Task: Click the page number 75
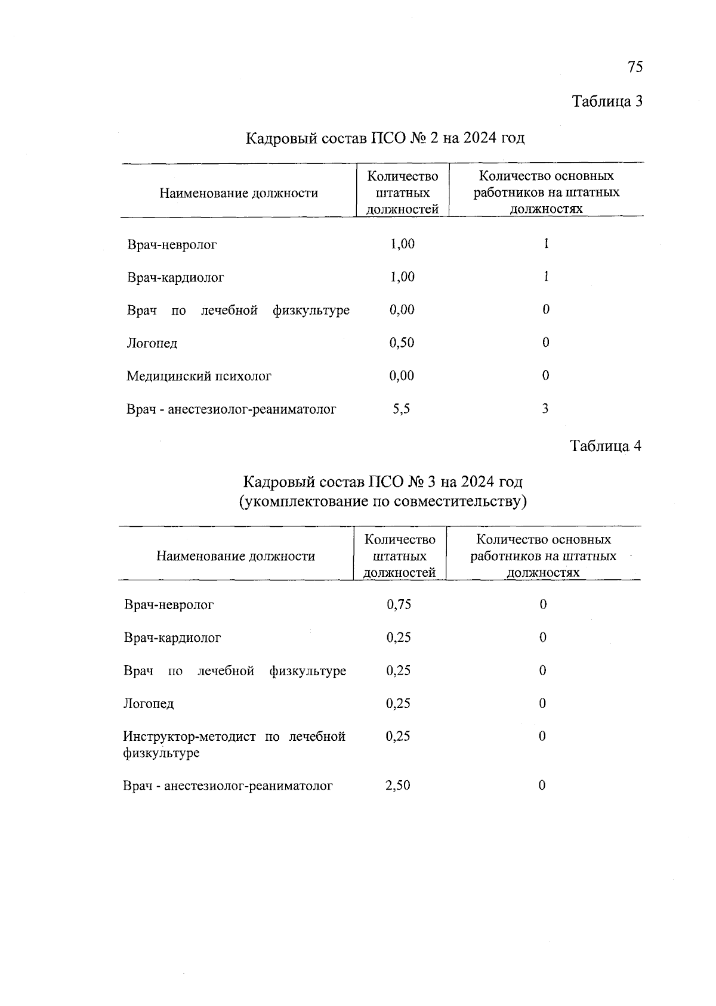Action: tap(635, 67)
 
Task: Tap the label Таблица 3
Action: tap(607, 101)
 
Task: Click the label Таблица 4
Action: tap(606, 446)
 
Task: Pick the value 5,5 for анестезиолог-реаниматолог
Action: tap(401, 409)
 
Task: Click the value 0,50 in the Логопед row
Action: tap(402, 343)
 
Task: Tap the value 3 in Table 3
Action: tap(545, 409)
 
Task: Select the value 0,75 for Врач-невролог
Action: tap(399, 604)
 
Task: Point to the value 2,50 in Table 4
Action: tap(398, 785)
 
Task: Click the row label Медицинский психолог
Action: tap(199, 376)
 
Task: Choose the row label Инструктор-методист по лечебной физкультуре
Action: tap(234, 744)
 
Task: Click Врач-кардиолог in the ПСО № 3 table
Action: tap(172, 638)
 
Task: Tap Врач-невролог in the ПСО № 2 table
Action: tap(172, 244)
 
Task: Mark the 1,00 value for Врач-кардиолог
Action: tap(402, 277)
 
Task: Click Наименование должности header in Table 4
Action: tap(236, 556)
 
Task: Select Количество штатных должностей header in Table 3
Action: tap(402, 192)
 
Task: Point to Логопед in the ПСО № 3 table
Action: tap(149, 704)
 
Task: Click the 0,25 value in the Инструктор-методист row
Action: tap(398, 737)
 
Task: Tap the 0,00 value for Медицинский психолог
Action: tap(402, 376)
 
